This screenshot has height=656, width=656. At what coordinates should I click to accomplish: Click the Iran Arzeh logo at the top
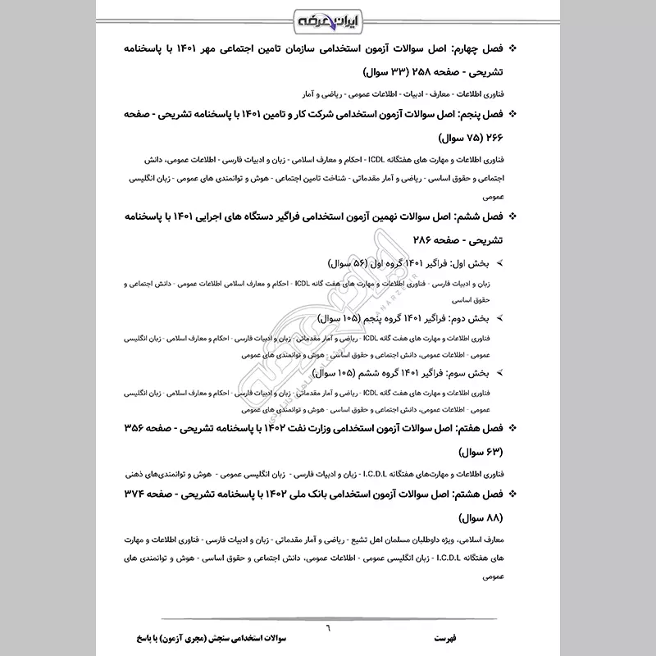328,17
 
